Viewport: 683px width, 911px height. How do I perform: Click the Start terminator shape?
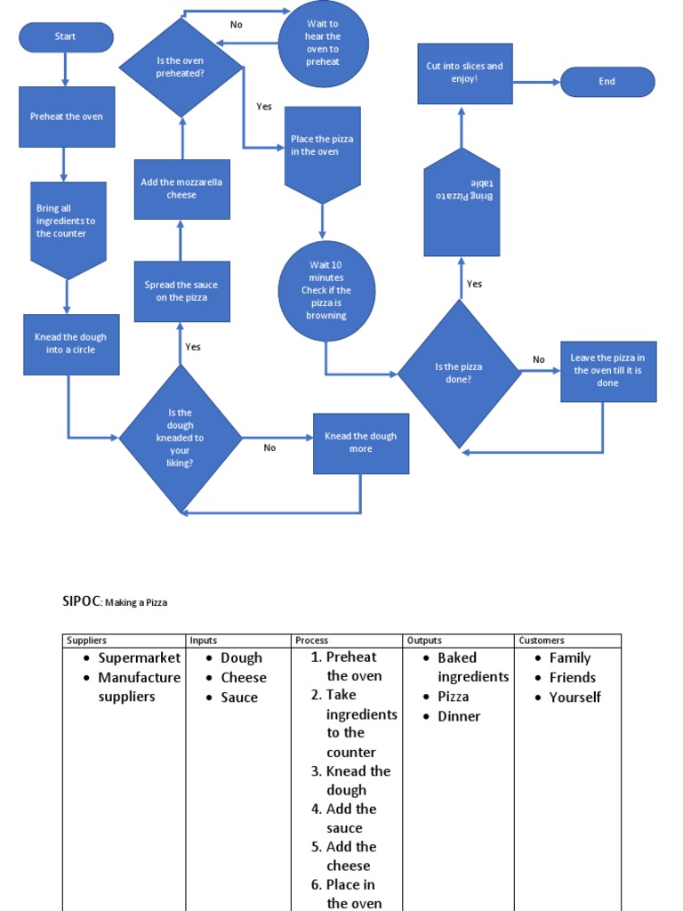pyautogui.click(x=66, y=37)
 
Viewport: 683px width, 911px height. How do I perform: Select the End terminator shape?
pyautogui.click(x=607, y=82)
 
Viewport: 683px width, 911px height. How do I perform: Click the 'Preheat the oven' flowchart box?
pyautogui.click(x=67, y=117)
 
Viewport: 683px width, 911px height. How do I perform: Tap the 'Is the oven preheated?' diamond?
pyautogui.click(x=181, y=68)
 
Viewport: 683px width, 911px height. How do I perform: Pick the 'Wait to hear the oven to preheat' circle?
pyautogui.click(x=323, y=44)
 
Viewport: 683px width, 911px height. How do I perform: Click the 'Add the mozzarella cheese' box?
pyautogui.click(x=181, y=189)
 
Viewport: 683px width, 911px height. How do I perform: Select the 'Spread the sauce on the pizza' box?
pyautogui.click(x=181, y=291)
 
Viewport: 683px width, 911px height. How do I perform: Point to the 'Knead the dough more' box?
pyautogui.click(x=360, y=443)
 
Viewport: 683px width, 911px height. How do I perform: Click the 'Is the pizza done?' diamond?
pyautogui.click(x=459, y=373)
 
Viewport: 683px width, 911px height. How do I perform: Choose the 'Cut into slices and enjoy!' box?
pyautogui.click(x=464, y=73)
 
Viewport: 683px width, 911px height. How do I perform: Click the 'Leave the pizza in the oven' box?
pyautogui.click(x=607, y=371)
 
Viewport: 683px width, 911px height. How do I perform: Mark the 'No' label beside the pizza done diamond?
pyautogui.click(x=539, y=360)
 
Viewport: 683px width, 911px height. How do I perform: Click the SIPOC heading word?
pyautogui.click(x=82, y=601)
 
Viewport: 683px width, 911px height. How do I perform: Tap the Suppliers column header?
pyautogui.click(x=86, y=641)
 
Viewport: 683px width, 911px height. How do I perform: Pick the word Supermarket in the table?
pyautogui.click(x=139, y=658)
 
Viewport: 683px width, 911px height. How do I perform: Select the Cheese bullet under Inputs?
pyautogui.click(x=243, y=678)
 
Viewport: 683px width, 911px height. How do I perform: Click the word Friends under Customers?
pyautogui.click(x=572, y=678)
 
